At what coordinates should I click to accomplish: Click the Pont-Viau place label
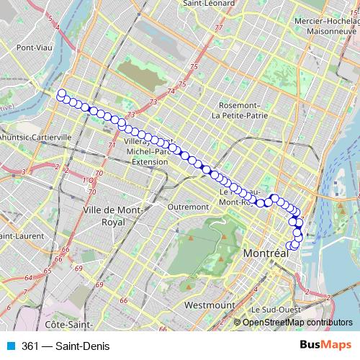coord(32,48)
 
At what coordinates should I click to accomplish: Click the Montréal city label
coord(266,254)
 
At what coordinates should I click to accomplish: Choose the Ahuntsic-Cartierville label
coord(36,136)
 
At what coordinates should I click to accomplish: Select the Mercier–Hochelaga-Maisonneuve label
coord(326,27)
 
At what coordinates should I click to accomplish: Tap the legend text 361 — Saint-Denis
coord(66,346)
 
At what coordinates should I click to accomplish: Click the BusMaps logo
coord(325,346)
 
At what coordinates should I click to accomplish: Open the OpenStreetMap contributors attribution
coord(297,322)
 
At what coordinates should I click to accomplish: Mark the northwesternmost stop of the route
coord(61,93)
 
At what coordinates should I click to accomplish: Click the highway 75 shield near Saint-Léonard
coord(193,67)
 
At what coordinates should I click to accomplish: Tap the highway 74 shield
coord(171,91)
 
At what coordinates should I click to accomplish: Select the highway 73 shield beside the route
coord(130,115)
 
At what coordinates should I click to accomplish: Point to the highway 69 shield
coord(78,268)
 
